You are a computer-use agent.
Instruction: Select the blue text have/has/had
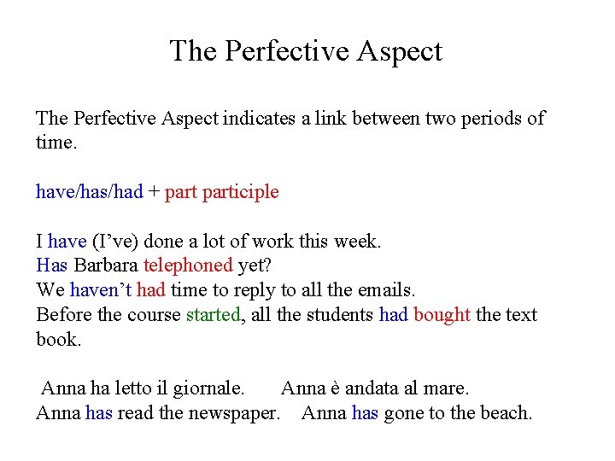[x=89, y=192]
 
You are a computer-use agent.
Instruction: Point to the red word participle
[x=241, y=192]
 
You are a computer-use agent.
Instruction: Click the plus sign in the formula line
[x=154, y=192]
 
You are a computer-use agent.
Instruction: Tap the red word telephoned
[x=188, y=266]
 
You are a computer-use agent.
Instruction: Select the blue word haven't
[x=101, y=290]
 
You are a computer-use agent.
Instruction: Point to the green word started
[x=214, y=315]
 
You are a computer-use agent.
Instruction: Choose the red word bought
[x=442, y=315]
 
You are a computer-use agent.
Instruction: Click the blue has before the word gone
[x=365, y=414]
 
